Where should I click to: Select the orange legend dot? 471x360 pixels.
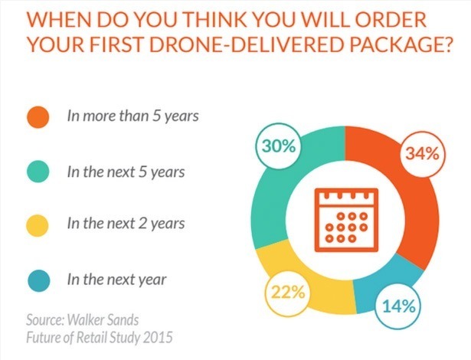coord(41,118)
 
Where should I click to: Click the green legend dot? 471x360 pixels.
coord(41,172)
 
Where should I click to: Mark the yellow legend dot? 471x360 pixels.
coord(41,225)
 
